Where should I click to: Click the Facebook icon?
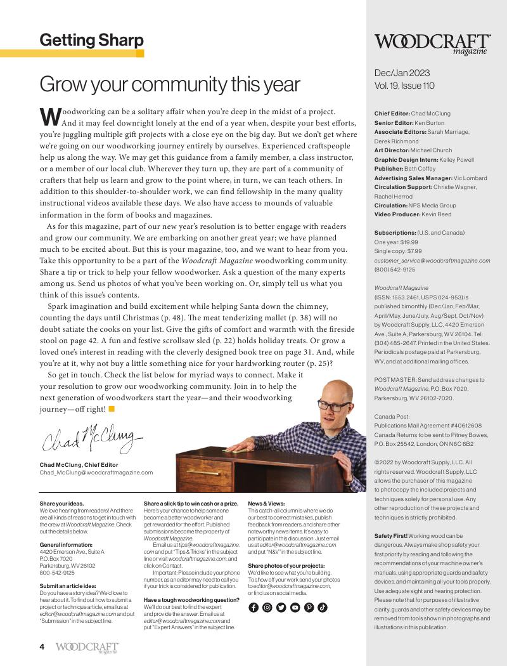click(253, 607)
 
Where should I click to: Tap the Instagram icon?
click(267, 607)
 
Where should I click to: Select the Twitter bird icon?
click(281, 607)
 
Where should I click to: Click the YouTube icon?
click(295, 607)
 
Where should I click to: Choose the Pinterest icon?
click(309, 607)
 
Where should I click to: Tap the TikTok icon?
click(323, 607)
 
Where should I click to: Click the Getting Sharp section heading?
click(91, 41)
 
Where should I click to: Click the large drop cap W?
click(50, 117)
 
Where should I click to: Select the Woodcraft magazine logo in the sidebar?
click(431, 43)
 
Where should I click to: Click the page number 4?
click(42, 646)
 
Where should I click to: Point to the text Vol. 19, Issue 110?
click(404, 86)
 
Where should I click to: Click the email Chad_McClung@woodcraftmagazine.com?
click(96, 473)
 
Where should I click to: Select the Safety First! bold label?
click(390, 536)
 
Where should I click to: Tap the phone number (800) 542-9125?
click(395, 269)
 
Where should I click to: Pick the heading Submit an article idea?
click(68, 585)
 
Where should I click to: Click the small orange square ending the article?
click(112, 408)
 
